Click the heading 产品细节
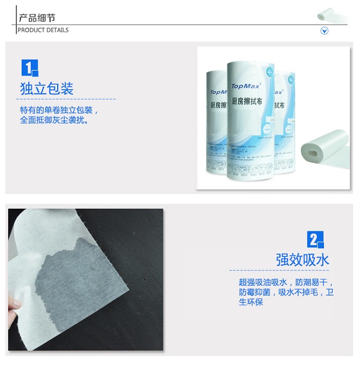[37, 18]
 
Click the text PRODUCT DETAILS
[43, 30]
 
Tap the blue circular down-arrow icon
[325, 31]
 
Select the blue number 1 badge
[30, 68]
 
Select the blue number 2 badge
[315, 240]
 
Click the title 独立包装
[47, 88]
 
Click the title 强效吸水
[302, 259]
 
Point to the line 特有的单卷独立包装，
[59, 111]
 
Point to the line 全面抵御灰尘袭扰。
[55, 120]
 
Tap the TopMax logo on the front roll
[246, 86]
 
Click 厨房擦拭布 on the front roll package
[247, 102]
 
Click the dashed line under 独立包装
[67, 99]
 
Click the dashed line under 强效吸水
[278, 270]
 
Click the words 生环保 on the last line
[251, 302]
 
